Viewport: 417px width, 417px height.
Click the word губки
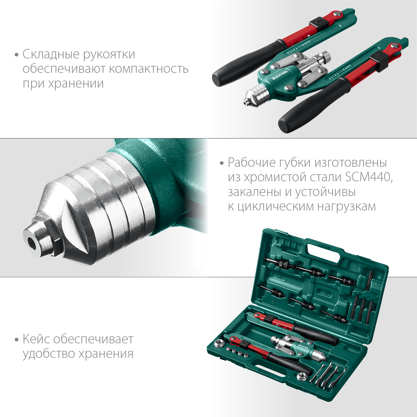tap(273, 163)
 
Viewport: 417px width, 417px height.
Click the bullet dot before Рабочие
tap(222, 163)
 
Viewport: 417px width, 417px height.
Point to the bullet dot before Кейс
tap(17, 340)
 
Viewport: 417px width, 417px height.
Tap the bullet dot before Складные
tap(17, 54)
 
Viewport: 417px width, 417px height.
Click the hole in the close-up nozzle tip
tap(33, 241)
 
